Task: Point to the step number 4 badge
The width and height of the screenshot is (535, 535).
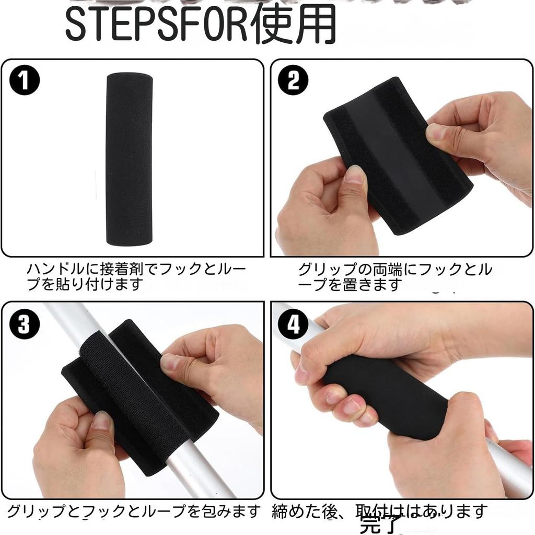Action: coord(294,325)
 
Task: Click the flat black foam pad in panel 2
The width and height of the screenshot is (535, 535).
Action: coord(397,157)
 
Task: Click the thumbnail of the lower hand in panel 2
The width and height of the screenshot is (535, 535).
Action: coord(355,175)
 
